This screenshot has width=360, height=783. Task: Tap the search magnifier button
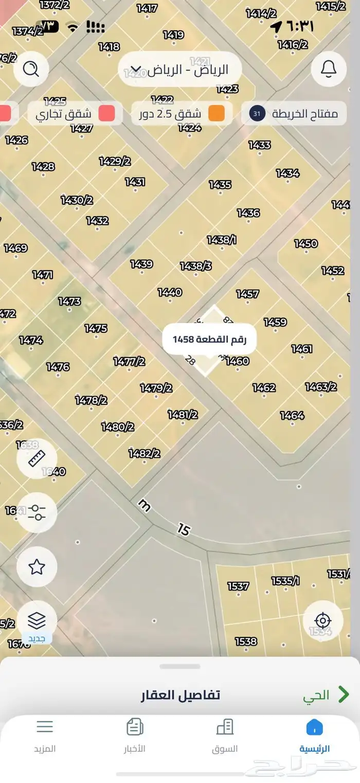(x=31, y=68)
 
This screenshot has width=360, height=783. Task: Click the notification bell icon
(x=329, y=68)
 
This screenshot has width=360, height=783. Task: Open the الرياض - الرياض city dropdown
(x=179, y=69)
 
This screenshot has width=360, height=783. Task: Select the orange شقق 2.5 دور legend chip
(x=182, y=114)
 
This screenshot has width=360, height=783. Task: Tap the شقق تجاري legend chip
(x=75, y=114)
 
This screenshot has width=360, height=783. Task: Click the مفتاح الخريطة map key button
(x=294, y=114)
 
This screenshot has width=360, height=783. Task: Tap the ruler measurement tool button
(x=37, y=458)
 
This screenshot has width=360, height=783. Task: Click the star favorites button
(x=37, y=567)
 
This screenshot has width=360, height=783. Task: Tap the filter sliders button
(x=37, y=512)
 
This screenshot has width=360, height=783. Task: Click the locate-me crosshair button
(x=322, y=620)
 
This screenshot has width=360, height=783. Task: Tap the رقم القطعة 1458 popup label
(x=209, y=339)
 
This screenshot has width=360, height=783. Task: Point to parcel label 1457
(x=247, y=294)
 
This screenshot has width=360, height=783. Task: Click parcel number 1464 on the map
(x=292, y=415)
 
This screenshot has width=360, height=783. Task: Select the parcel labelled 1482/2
(x=144, y=453)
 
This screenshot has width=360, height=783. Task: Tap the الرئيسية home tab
(x=314, y=736)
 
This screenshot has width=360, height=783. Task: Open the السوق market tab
(x=225, y=736)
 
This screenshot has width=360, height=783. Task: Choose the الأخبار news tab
(x=135, y=736)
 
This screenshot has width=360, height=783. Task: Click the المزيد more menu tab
(x=45, y=736)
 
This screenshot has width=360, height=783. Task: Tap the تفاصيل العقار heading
(x=180, y=696)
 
